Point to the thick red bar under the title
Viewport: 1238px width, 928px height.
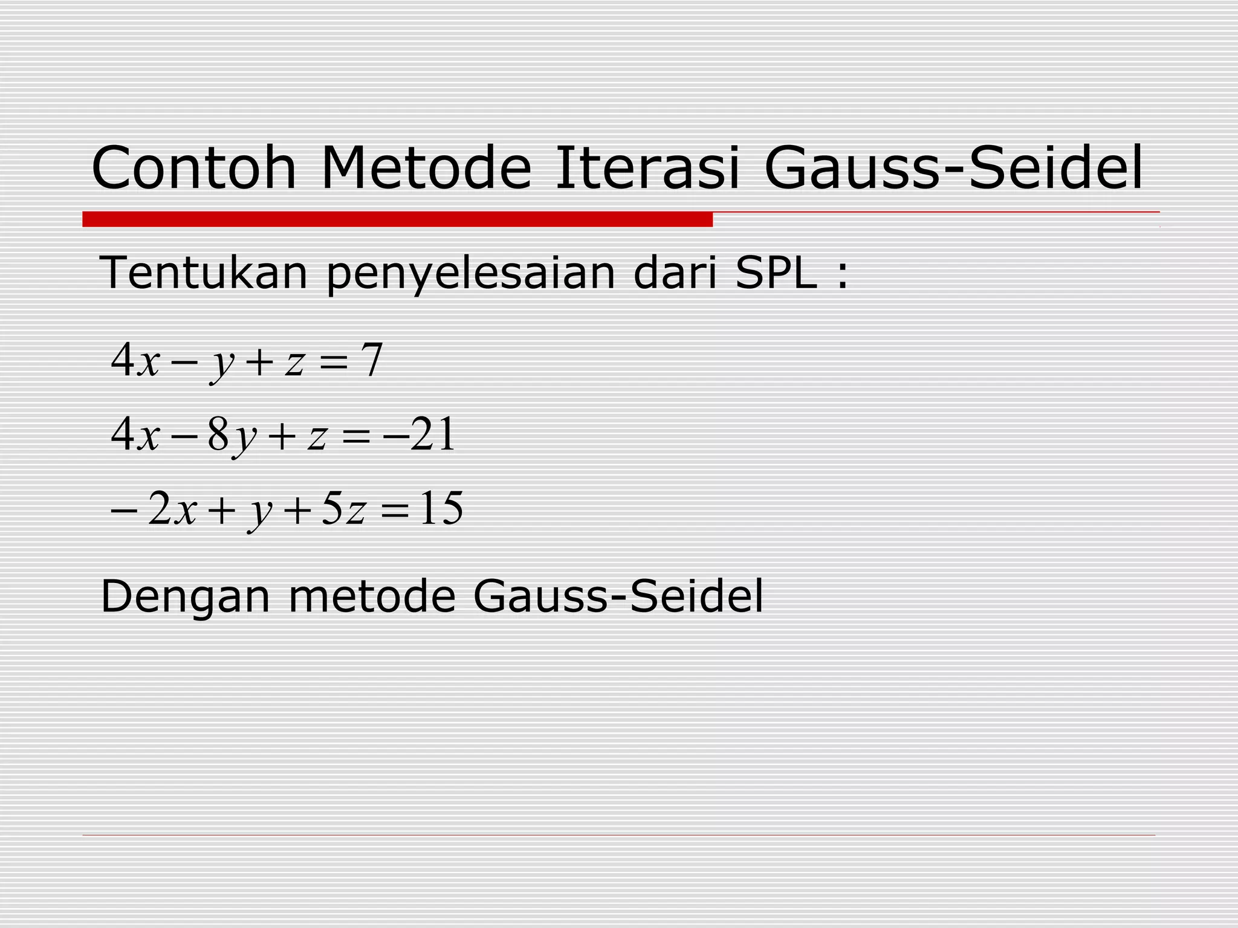tap(397, 219)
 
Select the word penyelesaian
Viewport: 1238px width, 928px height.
tap(470, 274)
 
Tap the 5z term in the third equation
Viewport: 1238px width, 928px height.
tap(343, 509)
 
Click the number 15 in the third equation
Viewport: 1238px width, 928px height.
tap(442, 509)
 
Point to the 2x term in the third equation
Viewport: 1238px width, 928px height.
tap(173, 509)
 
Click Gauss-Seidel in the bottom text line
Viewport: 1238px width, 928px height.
tap(618, 596)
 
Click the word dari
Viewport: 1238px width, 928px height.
tap(675, 272)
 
